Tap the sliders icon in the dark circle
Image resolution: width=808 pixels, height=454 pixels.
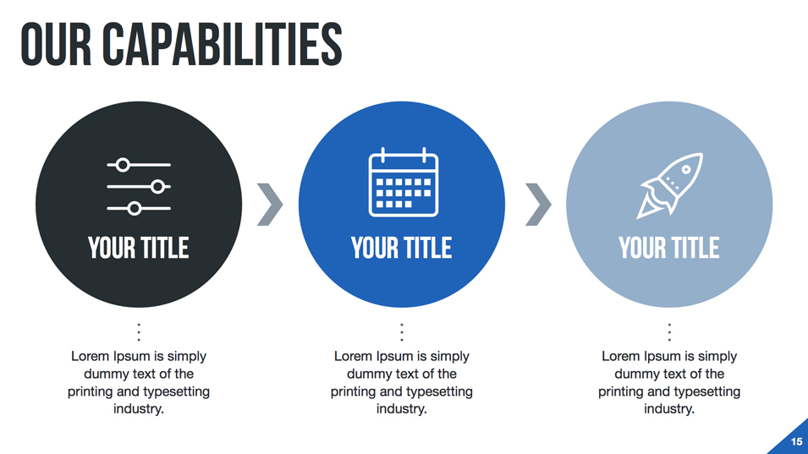pyautogui.click(x=139, y=186)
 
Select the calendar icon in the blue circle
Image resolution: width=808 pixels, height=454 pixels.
pyautogui.click(x=404, y=183)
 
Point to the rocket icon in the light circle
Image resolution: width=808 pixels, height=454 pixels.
pyautogui.click(x=669, y=185)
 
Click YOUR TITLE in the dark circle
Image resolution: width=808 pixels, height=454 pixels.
pyautogui.click(x=139, y=248)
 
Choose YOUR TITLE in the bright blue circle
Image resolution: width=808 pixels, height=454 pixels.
pyautogui.click(x=402, y=248)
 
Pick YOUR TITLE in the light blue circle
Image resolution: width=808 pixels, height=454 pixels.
pyautogui.click(x=669, y=248)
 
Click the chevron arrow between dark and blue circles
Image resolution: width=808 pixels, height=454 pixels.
pyautogui.click(x=270, y=204)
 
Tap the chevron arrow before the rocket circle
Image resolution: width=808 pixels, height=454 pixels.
pyautogui.click(x=538, y=204)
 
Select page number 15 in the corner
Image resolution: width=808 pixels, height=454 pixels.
pyautogui.click(x=796, y=441)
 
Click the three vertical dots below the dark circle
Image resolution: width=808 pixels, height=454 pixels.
pyautogui.click(x=139, y=331)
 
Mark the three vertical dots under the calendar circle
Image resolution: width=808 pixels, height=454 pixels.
pyautogui.click(x=402, y=331)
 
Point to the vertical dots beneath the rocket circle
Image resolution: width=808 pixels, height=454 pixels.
pyautogui.click(x=669, y=331)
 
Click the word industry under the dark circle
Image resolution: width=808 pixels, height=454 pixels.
pyautogui.click(x=138, y=409)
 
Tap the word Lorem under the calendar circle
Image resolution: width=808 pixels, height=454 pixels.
pyautogui.click(x=354, y=357)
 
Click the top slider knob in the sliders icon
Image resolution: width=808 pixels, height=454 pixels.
pyautogui.click(x=123, y=165)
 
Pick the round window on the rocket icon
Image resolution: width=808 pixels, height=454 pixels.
pyautogui.click(x=686, y=169)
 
